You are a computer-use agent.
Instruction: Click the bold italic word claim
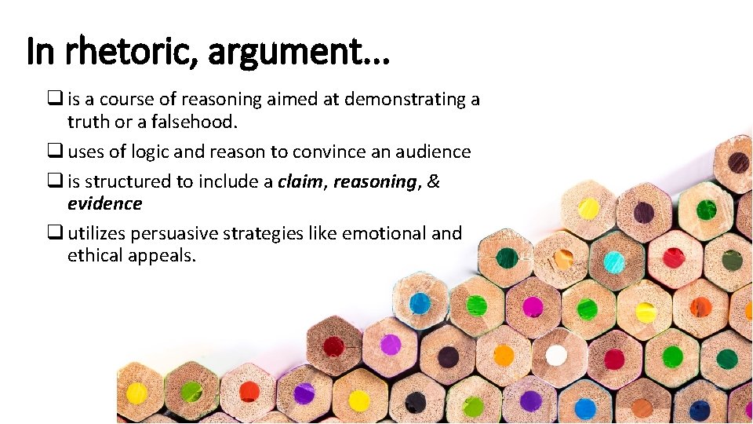300,181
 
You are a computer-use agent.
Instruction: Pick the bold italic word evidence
104,203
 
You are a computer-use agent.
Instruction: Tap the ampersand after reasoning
432,181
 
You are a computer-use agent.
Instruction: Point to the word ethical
96,255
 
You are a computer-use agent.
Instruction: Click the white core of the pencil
556,355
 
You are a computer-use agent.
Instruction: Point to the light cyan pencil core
614,262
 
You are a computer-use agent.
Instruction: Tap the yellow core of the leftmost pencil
136,393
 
